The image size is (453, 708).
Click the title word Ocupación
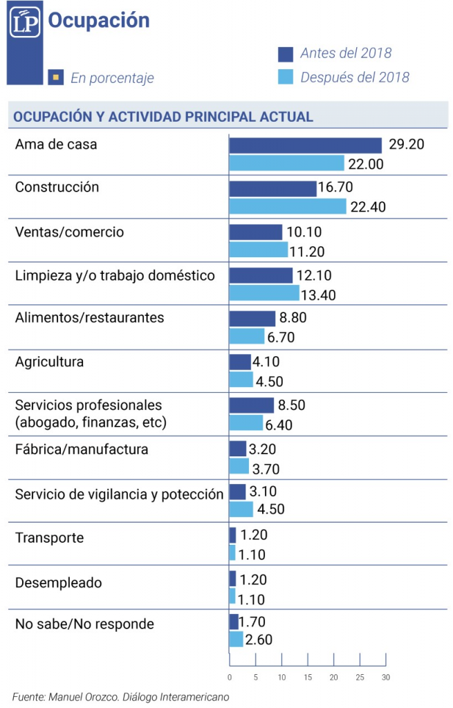[x=98, y=21]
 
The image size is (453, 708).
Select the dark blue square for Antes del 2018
[x=286, y=53]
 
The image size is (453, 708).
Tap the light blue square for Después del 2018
[x=286, y=77]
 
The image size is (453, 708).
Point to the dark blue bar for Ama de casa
[x=305, y=145]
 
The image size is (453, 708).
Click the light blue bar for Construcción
[x=287, y=206]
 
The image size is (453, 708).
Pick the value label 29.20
[x=406, y=145]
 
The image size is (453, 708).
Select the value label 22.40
[x=368, y=207]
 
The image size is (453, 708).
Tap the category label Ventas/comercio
[x=70, y=232]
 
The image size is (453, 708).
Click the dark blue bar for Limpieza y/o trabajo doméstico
[x=261, y=275]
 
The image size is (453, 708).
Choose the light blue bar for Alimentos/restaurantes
[x=246, y=336]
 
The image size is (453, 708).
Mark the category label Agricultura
[x=49, y=362]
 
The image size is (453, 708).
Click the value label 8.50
[x=292, y=405]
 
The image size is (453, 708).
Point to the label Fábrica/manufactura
[x=82, y=449]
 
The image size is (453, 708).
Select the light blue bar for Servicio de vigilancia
[x=241, y=510]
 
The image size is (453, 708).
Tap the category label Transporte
[x=49, y=538]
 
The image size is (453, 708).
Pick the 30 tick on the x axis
[x=386, y=677]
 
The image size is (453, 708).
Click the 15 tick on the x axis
[x=308, y=677]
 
